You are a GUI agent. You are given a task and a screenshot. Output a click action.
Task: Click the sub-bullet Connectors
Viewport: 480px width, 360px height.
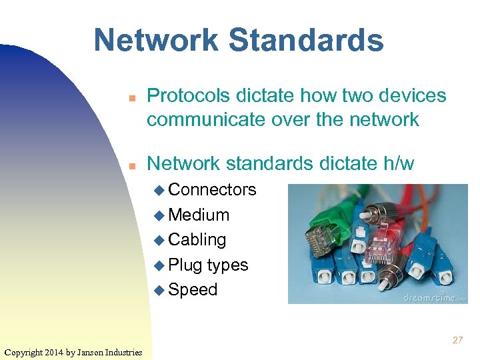coord(212,190)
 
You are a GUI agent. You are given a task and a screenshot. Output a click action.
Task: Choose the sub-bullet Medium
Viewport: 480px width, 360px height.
coord(199,215)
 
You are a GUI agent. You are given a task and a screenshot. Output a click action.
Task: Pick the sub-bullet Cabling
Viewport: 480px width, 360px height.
coord(197,239)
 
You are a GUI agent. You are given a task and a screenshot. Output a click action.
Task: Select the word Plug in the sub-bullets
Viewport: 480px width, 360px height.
coord(185,265)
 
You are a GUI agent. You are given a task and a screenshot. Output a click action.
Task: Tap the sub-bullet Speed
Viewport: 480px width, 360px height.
coord(193,289)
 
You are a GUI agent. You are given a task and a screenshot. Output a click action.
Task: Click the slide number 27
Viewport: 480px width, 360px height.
coord(457,340)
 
